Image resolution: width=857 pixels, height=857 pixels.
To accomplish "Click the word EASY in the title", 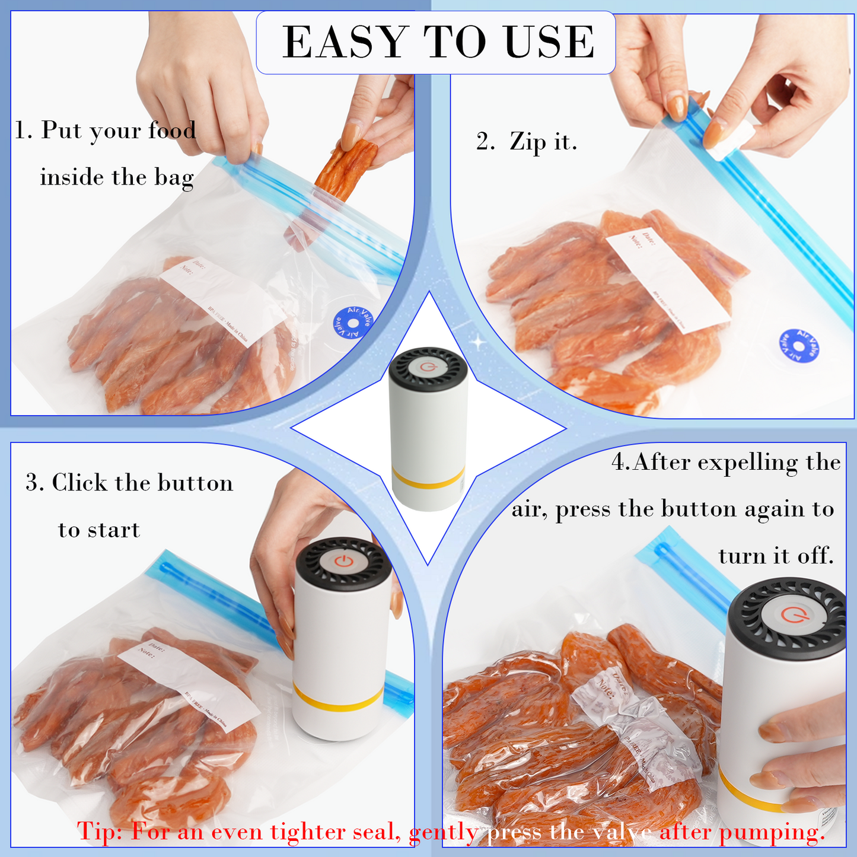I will (344, 42).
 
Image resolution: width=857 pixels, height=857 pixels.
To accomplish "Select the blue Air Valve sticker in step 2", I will (798, 346).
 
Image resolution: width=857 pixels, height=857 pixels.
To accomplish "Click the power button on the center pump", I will (428, 367).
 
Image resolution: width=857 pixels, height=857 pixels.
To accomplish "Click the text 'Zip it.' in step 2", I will (543, 142).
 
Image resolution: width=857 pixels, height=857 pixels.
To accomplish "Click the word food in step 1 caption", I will (172, 130).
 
